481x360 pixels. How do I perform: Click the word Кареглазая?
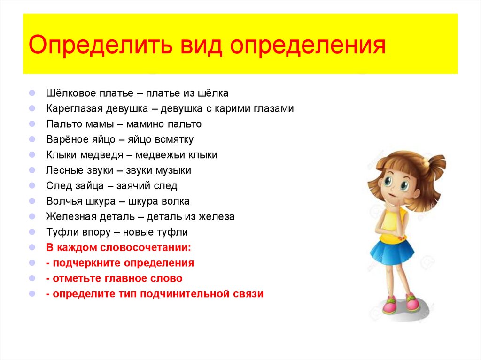pyautogui.click(x=71, y=109)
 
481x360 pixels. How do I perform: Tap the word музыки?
pyautogui.click(x=171, y=170)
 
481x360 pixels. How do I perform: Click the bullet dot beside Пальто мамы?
pyautogui.click(x=31, y=124)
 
